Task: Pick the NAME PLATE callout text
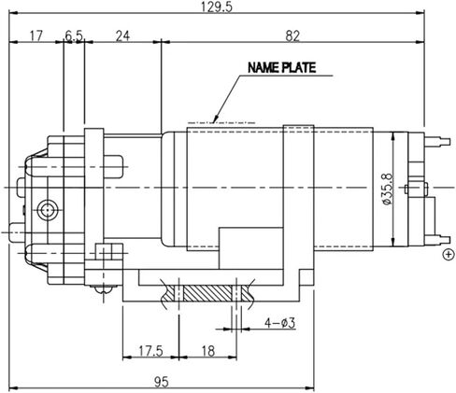281,68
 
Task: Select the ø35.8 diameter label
385,187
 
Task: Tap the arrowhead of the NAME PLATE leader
217,119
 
